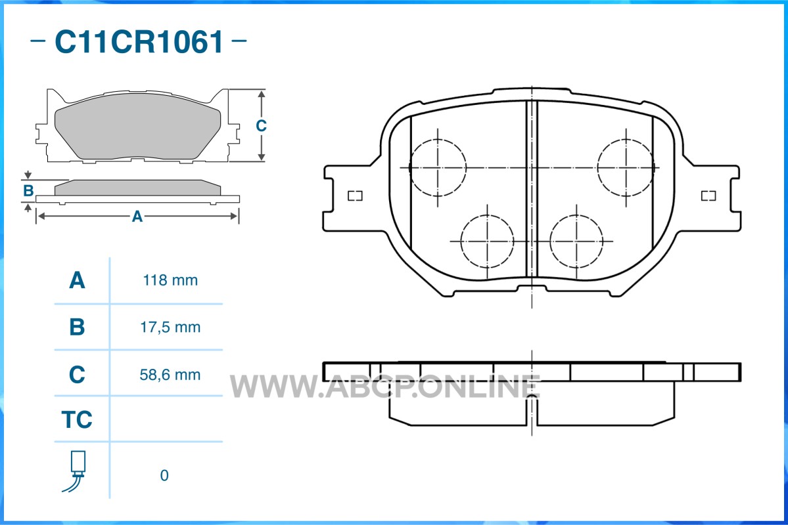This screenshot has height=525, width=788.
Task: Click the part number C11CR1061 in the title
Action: [x=139, y=42]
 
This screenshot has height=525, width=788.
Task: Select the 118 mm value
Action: [x=170, y=281]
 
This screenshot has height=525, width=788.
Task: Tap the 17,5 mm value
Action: [x=170, y=327]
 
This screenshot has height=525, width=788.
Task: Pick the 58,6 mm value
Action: [x=170, y=375]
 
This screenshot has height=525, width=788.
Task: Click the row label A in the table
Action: [x=77, y=281]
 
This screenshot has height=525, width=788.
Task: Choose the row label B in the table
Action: [x=77, y=327]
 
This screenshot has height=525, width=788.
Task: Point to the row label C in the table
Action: [x=77, y=375]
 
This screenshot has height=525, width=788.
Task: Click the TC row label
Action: [x=77, y=419]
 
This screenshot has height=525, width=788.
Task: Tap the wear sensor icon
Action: [x=78, y=471]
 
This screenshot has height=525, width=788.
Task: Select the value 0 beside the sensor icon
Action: [x=164, y=475]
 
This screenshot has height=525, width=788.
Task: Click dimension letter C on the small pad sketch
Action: [x=261, y=125]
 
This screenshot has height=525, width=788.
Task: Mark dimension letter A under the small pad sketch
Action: [x=137, y=216]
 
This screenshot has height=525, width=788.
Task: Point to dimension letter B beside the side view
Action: [x=28, y=191]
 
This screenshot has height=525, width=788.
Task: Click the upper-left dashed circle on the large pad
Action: [x=438, y=167]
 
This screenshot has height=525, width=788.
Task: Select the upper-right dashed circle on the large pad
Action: [x=626, y=167]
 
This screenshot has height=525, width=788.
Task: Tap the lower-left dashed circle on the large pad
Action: [x=487, y=241]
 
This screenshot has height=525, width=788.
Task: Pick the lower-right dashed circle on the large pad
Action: [x=576, y=241]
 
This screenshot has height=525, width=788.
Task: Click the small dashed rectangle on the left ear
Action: [x=356, y=196]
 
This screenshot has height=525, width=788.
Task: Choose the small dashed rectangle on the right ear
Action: [x=708, y=196]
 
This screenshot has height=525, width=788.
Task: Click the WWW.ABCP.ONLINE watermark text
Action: [x=386, y=387]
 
